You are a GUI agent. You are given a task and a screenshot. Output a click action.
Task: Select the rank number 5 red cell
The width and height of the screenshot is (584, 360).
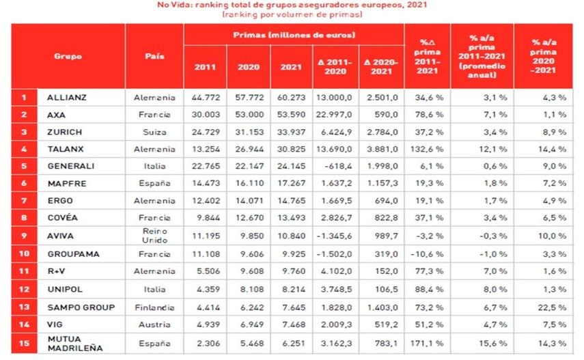(24, 165)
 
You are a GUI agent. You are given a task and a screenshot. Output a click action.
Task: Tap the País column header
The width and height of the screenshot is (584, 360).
(155, 55)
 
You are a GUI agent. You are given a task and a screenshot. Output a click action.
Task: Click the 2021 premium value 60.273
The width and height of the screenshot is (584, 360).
(291, 97)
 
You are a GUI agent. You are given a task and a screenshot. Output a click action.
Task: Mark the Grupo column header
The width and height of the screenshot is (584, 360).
(68, 55)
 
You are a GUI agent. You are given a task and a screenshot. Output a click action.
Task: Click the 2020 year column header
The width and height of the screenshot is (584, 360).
(248, 67)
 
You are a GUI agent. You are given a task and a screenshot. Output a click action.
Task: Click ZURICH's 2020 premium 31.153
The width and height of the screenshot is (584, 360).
(248, 131)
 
